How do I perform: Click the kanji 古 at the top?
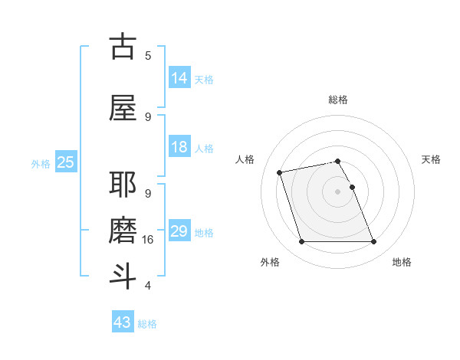point(123,47)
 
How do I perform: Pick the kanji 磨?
point(123,231)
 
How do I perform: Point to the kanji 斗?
point(123,276)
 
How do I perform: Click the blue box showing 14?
point(179,78)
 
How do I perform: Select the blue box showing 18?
point(179,147)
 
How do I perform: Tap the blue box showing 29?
point(179,231)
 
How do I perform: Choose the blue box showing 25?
point(65,162)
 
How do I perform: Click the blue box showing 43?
point(123,322)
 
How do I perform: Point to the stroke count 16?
point(149,240)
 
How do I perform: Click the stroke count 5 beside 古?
point(148,55)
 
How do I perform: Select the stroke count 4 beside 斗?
point(148,286)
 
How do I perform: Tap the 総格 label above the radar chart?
point(338,100)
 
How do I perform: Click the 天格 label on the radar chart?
point(431,159)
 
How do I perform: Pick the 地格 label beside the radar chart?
point(402,263)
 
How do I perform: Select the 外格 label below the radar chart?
point(270,263)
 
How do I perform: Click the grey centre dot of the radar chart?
point(338,191)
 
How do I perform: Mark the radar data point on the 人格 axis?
point(280,172)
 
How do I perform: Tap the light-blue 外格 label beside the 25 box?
point(40,163)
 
